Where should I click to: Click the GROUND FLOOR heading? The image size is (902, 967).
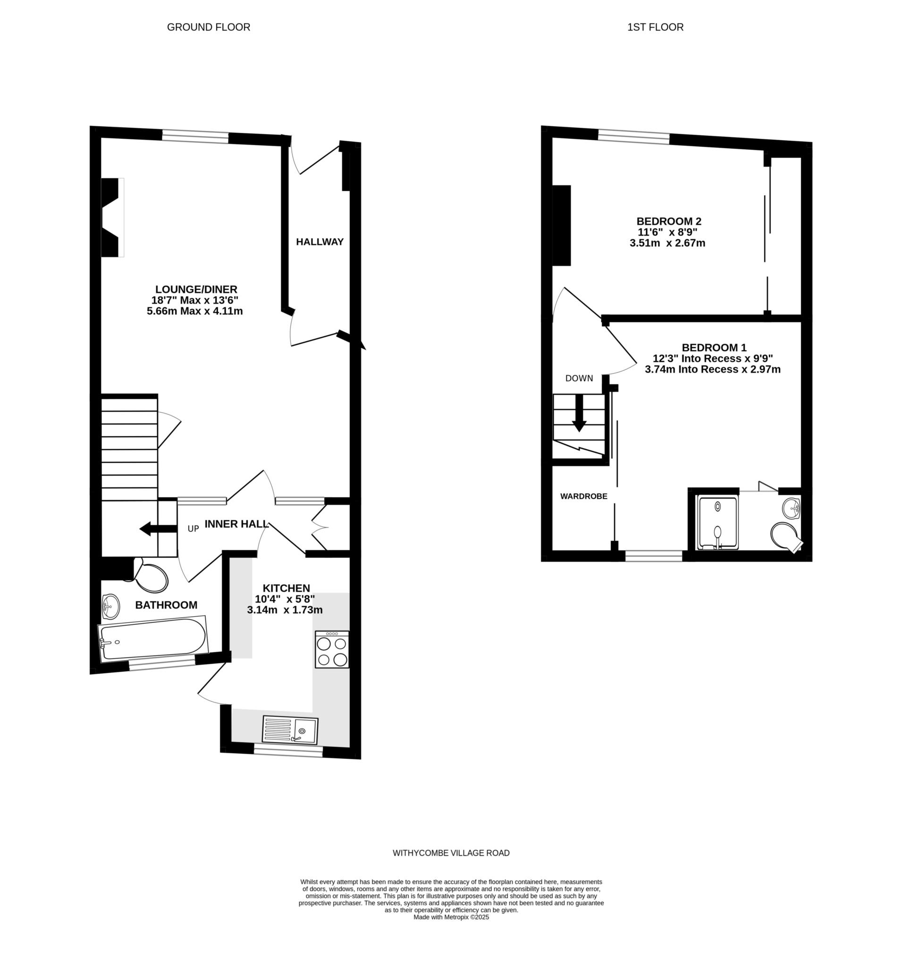pyautogui.click(x=209, y=27)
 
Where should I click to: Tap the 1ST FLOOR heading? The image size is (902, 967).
pyautogui.click(x=655, y=27)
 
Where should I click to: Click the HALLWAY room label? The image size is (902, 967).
pyautogui.click(x=320, y=242)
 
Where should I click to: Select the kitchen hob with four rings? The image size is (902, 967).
pyautogui.click(x=332, y=649)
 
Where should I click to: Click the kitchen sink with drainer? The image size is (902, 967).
pyautogui.click(x=290, y=729)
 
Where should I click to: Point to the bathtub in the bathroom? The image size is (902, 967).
pyautogui.click(x=153, y=639)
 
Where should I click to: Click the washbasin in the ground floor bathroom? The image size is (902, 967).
pyautogui.click(x=111, y=606)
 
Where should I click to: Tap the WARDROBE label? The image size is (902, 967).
pyautogui.click(x=583, y=497)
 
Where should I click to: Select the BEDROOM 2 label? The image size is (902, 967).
pyautogui.click(x=669, y=221)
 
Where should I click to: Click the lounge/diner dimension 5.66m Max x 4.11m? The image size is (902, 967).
pyautogui.click(x=195, y=311)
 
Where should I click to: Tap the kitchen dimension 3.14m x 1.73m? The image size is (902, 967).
pyautogui.click(x=285, y=610)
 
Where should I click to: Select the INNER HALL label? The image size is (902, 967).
pyautogui.click(x=236, y=524)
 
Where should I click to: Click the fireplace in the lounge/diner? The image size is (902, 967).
pyautogui.click(x=112, y=217)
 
